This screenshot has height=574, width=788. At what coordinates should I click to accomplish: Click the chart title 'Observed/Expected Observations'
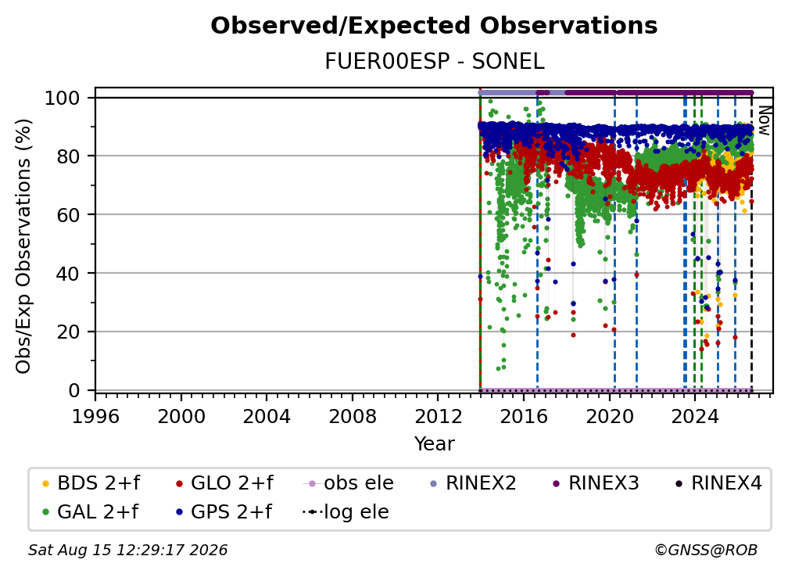tap(434, 26)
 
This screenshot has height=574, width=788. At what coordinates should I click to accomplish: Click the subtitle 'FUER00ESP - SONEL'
tap(434, 62)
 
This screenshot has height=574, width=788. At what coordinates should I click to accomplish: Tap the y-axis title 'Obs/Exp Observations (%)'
tap(23, 246)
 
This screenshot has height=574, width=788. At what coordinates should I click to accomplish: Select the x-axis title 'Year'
tap(434, 444)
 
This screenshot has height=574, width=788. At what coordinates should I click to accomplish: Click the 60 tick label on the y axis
tap(68, 215)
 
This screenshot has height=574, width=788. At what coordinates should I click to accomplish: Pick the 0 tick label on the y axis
tap(74, 390)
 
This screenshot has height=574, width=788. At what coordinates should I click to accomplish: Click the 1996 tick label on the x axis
tap(95, 417)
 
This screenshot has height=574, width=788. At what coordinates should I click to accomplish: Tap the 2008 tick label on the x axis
tap(353, 417)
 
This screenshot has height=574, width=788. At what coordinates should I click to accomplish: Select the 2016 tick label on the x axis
tap(524, 417)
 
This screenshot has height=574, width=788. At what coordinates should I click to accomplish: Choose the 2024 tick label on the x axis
tap(694, 417)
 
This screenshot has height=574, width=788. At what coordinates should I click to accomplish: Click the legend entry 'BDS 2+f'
tap(91, 483)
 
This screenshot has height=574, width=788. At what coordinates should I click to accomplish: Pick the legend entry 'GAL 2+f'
tap(90, 512)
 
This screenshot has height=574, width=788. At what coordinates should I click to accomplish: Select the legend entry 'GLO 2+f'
tap(224, 483)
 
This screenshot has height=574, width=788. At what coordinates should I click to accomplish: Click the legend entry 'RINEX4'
tap(718, 483)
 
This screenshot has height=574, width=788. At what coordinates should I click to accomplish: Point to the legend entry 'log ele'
tap(346, 512)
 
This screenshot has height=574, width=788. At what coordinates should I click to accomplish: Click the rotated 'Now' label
tap(764, 120)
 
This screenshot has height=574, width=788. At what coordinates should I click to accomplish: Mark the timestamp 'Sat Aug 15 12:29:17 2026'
tap(127, 550)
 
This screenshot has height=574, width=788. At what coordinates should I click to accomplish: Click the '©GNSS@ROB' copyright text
tap(706, 550)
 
